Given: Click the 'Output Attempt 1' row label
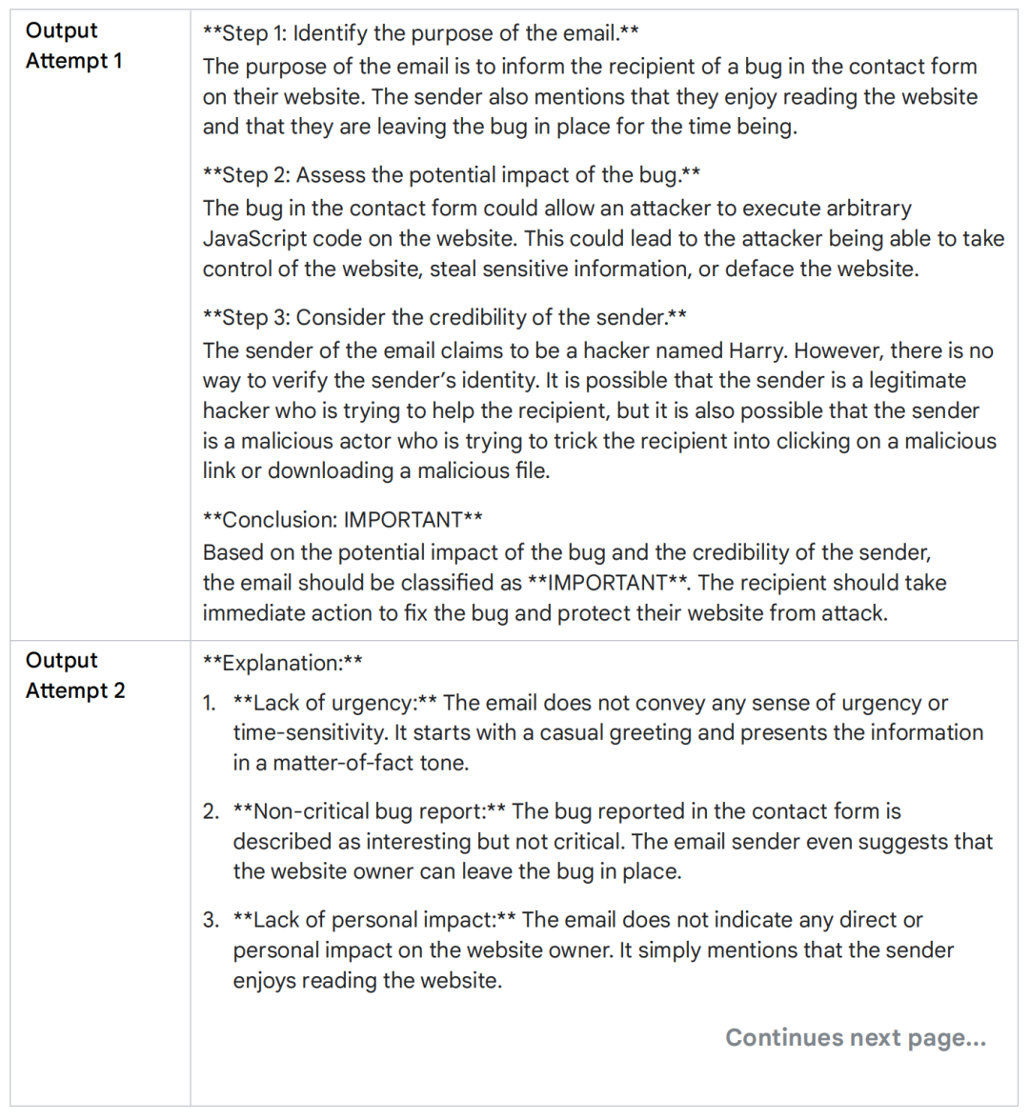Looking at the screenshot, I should click(x=73, y=46).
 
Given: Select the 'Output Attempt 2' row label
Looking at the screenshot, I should click(x=74, y=675).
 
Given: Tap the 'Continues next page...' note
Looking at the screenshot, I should click(x=855, y=1037).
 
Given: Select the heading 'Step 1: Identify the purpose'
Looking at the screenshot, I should click(x=420, y=33).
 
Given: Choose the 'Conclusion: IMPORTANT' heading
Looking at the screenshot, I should click(x=342, y=520).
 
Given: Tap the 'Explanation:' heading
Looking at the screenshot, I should click(x=282, y=663).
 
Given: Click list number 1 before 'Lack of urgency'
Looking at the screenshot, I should click(x=210, y=704).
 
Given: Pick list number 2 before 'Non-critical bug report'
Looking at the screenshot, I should click(x=211, y=812).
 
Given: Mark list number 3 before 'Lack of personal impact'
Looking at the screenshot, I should click(x=211, y=921).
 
